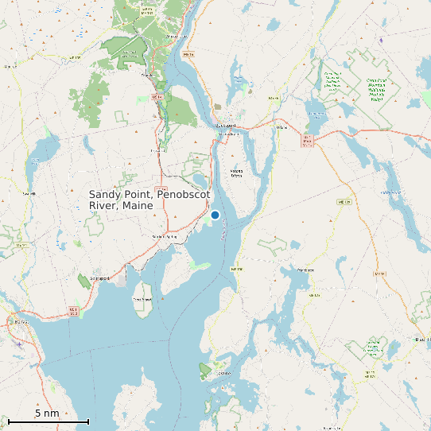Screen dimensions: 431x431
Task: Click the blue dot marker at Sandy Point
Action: tap(215, 215)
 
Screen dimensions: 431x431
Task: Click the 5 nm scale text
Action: tap(47, 414)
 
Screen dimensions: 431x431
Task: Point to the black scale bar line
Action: tap(48, 421)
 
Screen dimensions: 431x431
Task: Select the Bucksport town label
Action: tap(227, 125)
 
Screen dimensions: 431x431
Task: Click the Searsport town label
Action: tap(99, 278)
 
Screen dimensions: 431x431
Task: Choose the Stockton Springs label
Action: tap(163, 236)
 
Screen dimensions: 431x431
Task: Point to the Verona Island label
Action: tap(236, 173)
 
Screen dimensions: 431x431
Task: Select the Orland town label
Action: tap(281, 127)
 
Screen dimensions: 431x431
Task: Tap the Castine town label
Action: tap(222, 373)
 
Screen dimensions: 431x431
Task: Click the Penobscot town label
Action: tap(305, 270)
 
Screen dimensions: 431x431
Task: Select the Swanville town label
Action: tap(29, 193)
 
